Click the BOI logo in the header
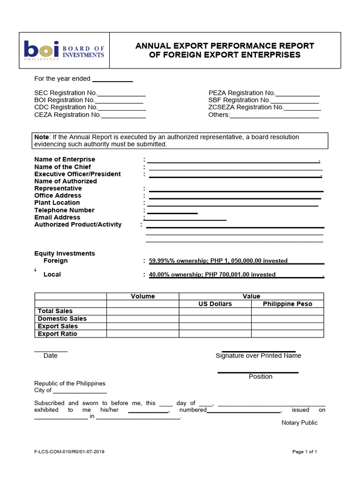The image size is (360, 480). pyautogui.click(x=64, y=51)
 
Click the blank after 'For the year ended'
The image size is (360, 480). pyautogui.click(x=112, y=79)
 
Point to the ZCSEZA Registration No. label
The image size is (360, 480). pyautogui.click(x=246, y=107)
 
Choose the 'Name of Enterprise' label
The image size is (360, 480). pyautogui.click(x=65, y=160)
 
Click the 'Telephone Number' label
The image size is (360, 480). pyautogui.click(x=64, y=210)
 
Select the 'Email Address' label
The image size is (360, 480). pyautogui.click(x=57, y=217)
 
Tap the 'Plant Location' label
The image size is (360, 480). pyautogui.click(x=57, y=202)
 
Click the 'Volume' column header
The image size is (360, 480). pyautogui.click(x=142, y=296)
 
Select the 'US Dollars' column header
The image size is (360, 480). pyautogui.click(x=215, y=304)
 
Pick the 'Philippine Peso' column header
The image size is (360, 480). pyautogui.click(x=287, y=304)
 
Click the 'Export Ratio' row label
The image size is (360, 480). pyautogui.click(x=57, y=334)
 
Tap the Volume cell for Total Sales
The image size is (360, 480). pyautogui.click(x=142, y=311)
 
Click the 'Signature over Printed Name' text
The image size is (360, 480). pyautogui.click(x=258, y=356)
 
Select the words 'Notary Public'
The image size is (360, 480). pyautogui.click(x=300, y=423)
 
